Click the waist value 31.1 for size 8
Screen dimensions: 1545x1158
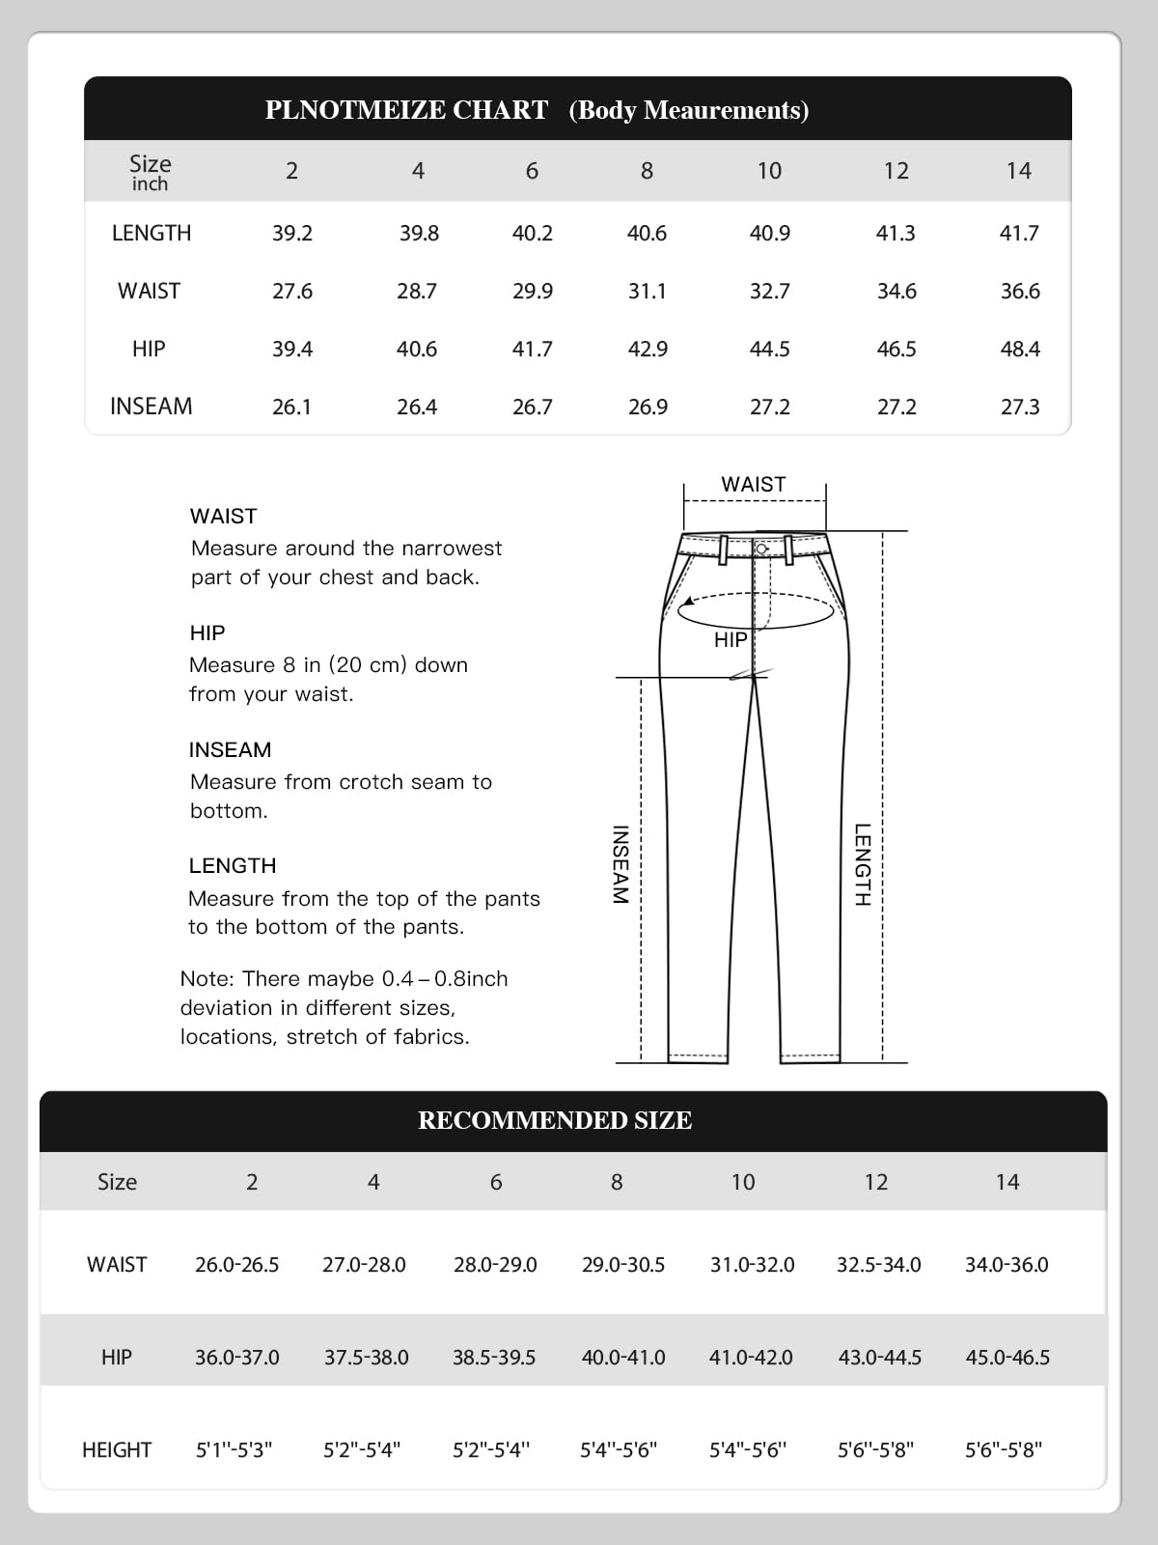coord(647,291)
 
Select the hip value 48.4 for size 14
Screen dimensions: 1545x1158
coord(1020,349)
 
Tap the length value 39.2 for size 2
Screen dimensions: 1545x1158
coord(292,233)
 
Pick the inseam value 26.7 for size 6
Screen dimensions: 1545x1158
coord(532,407)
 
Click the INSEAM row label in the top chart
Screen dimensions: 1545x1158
coord(151,407)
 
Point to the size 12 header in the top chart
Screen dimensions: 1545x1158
coord(896,171)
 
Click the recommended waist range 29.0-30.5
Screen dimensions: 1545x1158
coord(622,1264)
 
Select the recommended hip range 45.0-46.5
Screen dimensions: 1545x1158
coord(1007,1357)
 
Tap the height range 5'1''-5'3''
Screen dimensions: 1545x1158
coord(234,1449)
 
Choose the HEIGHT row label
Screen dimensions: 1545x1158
coord(117,1449)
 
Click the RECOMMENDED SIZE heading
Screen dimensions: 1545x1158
coord(555,1120)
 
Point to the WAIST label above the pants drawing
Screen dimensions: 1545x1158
coord(754,484)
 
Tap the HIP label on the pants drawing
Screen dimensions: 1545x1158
coord(731,639)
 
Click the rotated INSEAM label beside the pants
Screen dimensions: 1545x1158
coord(620,864)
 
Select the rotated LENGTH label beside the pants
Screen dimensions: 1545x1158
coord(862,864)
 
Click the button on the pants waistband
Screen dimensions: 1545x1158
coord(761,548)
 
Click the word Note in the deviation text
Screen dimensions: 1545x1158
coord(206,978)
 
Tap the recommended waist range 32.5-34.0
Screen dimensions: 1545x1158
coord(878,1264)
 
